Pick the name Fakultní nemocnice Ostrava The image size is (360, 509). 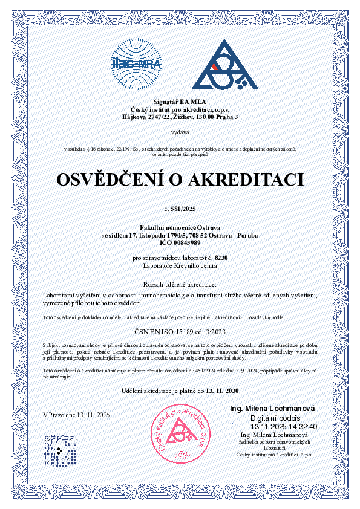click(180, 227)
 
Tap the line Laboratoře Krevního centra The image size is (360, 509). click(180, 265)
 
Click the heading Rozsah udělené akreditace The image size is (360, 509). click(180, 284)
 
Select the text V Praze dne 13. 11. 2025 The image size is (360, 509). click(76, 415)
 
